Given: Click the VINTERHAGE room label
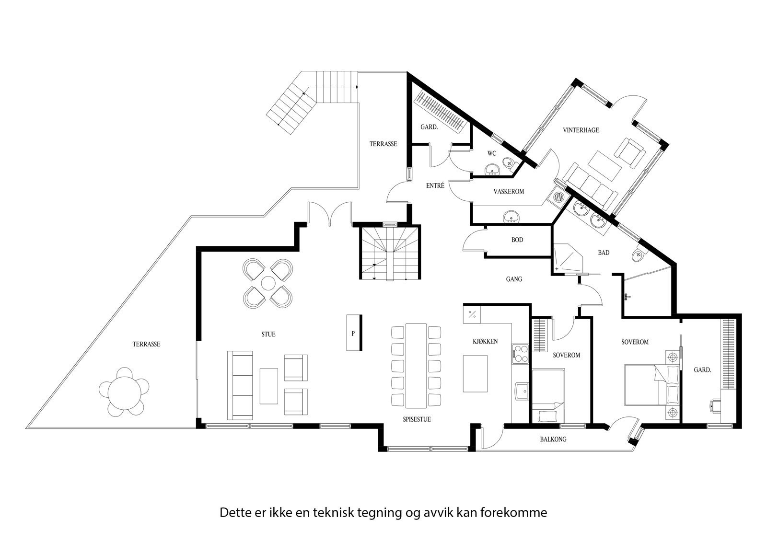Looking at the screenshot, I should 581,130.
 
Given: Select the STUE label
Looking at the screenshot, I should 268,334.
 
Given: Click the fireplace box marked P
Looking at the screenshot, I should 354,333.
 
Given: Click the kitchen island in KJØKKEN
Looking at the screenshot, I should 475,374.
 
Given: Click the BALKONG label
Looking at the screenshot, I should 553,439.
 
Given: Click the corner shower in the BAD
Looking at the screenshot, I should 567,260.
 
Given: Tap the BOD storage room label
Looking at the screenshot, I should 517,240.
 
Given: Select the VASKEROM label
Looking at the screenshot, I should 509,191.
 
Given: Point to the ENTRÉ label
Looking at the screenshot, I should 435,185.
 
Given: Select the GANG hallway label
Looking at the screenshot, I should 514,279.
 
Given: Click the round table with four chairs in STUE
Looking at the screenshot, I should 268,283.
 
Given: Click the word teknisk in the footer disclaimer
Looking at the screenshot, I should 334,513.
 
